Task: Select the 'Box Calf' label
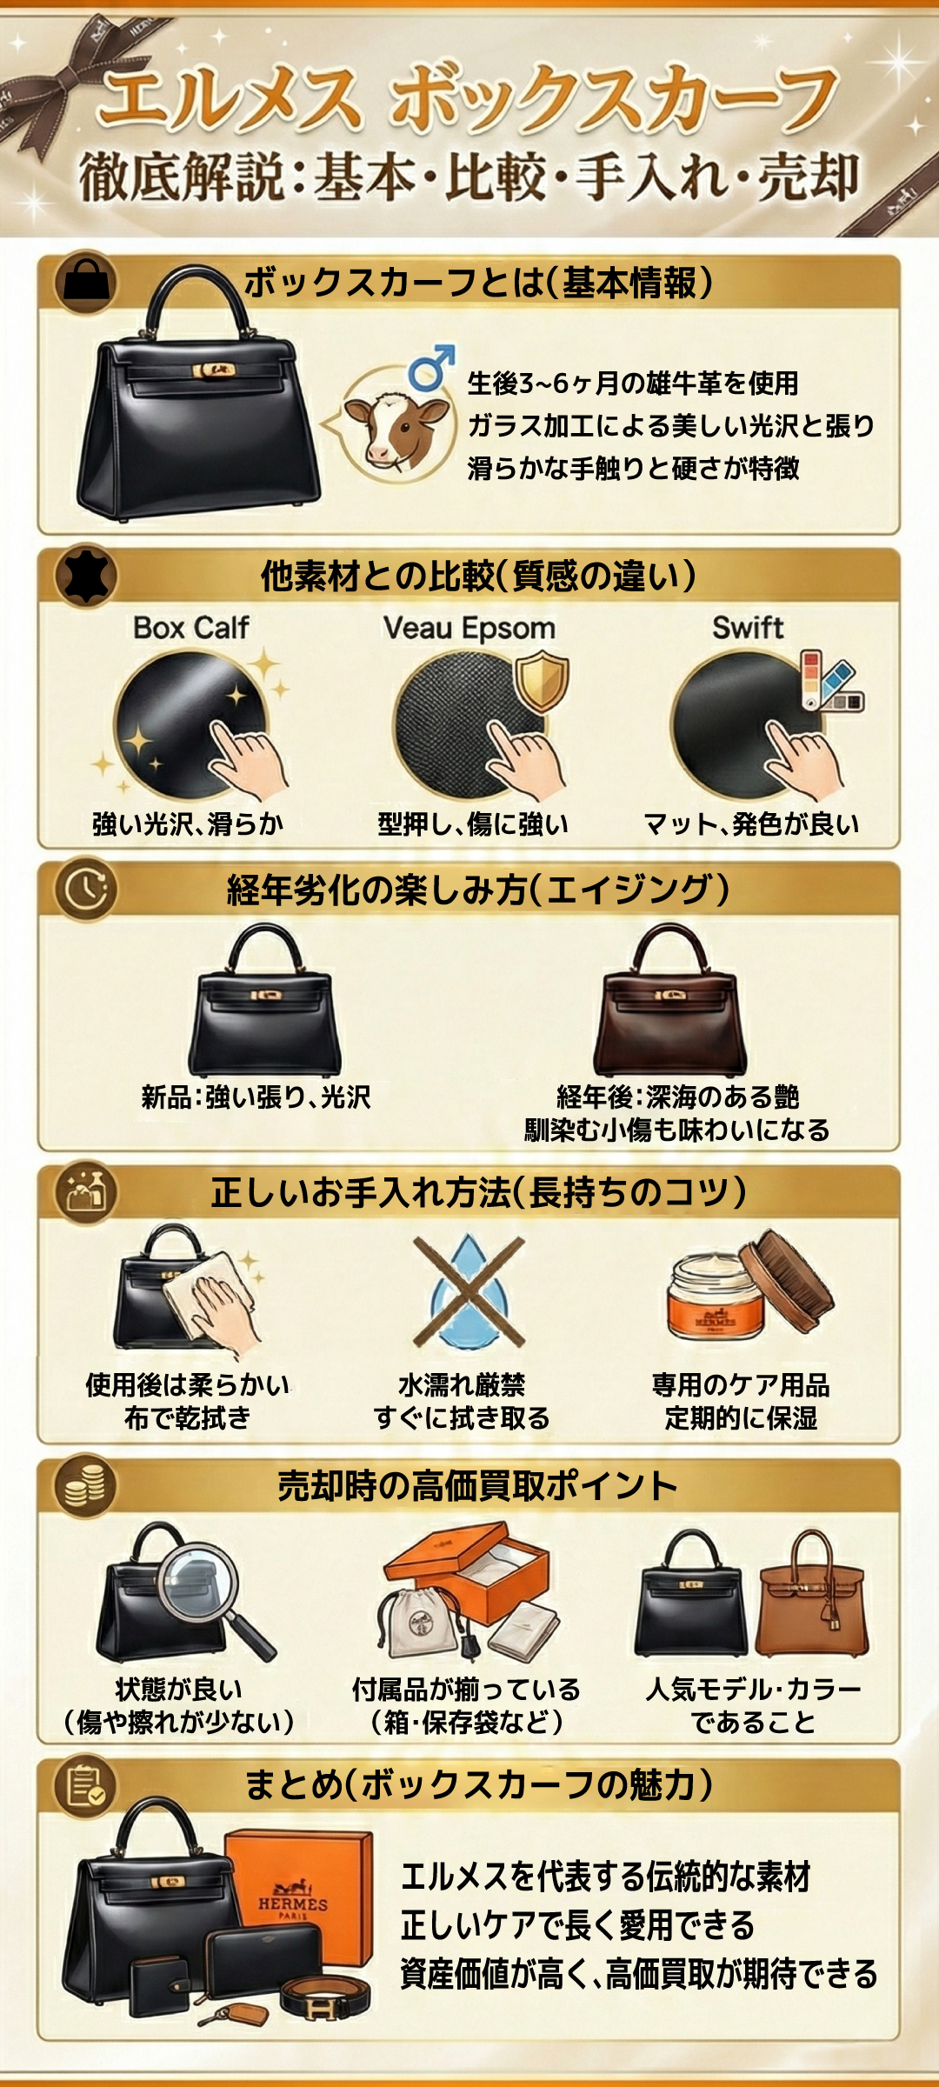(191, 628)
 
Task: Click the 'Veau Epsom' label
(469, 628)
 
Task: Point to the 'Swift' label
(748, 628)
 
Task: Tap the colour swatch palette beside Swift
(831, 681)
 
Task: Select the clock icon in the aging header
(85, 889)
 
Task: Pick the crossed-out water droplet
(469, 1290)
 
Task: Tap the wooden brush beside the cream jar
(788, 1278)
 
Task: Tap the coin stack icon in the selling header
(85, 1486)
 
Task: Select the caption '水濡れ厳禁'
(462, 1384)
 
